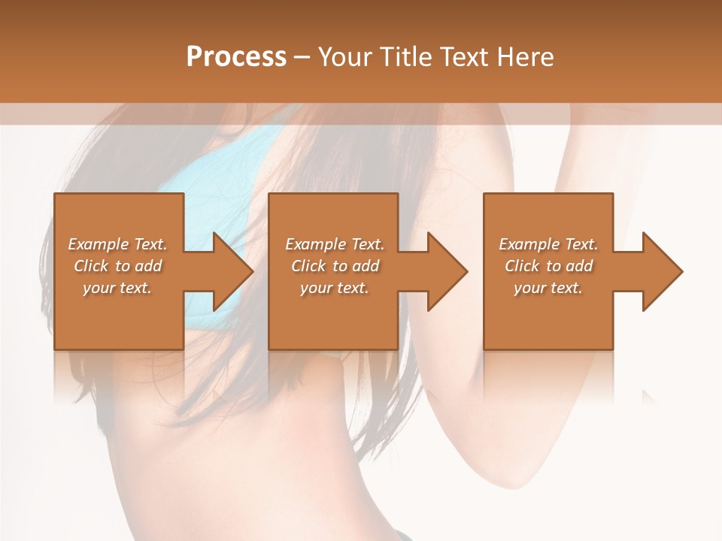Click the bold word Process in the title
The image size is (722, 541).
click(x=236, y=57)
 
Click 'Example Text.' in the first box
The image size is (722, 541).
click(x=117, y=244)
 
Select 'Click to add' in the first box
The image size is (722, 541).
click(x=117, y=266)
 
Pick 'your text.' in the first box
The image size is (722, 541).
click(x=117, y=288)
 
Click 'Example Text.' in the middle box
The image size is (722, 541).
click(x=335, y=244)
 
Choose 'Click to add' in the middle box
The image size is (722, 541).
click(x=335, y=266)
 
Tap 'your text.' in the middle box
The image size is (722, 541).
click(x=335, y=288)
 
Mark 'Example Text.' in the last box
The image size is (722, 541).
click(x=548, y=244)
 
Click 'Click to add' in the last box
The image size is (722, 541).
click(x=548, y=266)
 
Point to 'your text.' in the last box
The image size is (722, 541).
click(x=548, y=288)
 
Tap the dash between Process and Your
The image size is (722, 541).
click(x=301, y=58)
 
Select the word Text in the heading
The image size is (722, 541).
click(x=464, y=57)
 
